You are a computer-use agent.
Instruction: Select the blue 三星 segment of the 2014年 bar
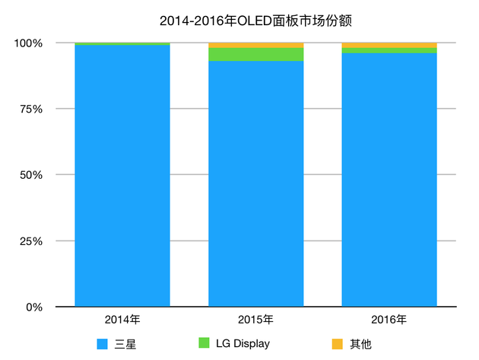122,175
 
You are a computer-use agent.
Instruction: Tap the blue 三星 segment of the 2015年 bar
255,183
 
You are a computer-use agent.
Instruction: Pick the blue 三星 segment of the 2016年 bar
389,179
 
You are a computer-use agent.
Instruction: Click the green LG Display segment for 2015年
255,54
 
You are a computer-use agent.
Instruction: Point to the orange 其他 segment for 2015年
255,45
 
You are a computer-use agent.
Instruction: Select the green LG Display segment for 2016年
389,50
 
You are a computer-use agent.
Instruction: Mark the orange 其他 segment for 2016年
389,45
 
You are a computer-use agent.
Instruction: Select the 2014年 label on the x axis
122,319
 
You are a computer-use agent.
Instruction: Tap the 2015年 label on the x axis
255,319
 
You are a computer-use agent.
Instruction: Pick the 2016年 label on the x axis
389,319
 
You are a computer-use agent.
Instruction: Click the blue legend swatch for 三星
103,344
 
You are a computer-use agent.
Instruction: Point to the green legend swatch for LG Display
203,344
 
